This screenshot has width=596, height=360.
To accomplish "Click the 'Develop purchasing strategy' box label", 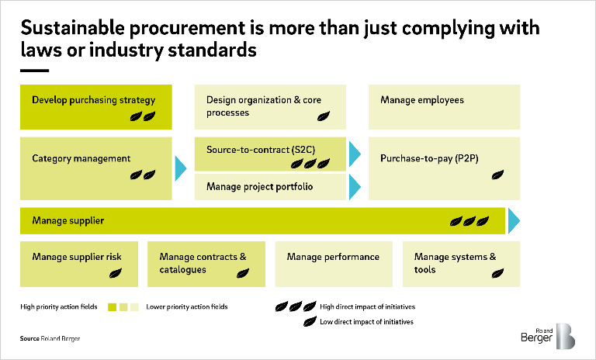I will pyautogui.click(x=93, y=100).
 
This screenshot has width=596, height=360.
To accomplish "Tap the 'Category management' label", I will pyautogui.click(x=81, y=158).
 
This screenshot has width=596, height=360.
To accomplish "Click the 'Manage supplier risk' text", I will pyautogui.click(x=77, y=257).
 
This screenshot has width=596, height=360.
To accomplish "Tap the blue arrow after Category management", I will pyautogui.click(x=181, y=168).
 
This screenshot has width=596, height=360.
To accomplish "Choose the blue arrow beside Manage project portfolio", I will pyautogui.click(x=355, y=187).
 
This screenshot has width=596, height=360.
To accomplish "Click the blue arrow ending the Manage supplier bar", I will pyautogui.click(x=513, y=221).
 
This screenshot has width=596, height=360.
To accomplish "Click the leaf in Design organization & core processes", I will pyautogui.click(x=323, y=116).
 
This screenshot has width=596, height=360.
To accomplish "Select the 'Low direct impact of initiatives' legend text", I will pyautogui.click(x=366, y=321).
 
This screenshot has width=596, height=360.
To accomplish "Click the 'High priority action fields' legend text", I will pyautogui.click(x=58, y=307).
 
